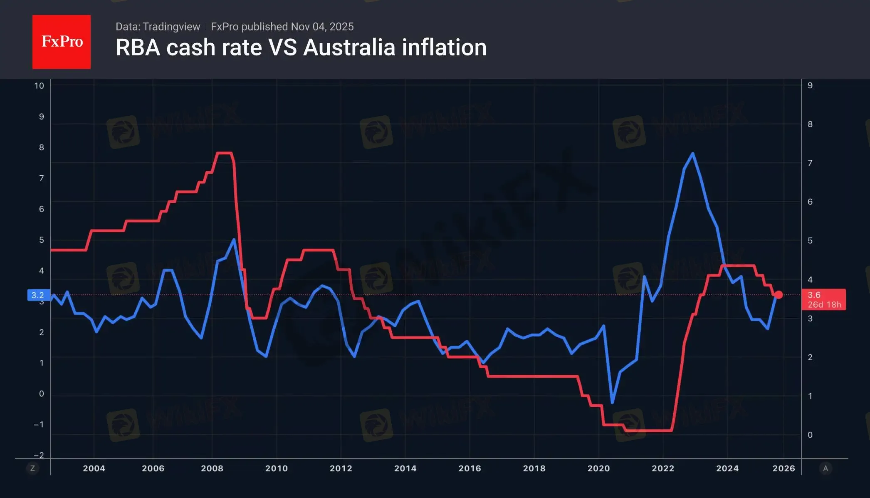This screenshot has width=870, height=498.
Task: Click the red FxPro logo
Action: click(x=62, y=42)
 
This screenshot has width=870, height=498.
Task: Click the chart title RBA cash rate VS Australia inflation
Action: click(x=301, y=47)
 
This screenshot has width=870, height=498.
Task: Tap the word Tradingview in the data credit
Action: click(x=171, y=27)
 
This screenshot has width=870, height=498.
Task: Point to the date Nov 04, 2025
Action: click(x=322, y=27)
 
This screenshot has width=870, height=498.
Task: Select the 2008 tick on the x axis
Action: click(x=212, y=468)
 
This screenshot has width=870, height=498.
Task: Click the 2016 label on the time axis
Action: click(x=470, y=468)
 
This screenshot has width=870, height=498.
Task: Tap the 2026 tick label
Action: click(x=783, y=468)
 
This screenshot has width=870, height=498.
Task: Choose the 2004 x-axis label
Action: click(x=94, y=468)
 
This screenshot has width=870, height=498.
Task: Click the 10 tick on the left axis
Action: click(x=39, y=86)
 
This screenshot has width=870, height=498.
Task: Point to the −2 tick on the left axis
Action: click(x=39, y=455)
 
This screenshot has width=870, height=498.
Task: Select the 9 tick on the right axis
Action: click(x=810, y=85)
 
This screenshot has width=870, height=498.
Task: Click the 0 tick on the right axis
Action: click(x=810, y=435)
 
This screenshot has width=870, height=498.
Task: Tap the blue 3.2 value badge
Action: click(x=38, y=295)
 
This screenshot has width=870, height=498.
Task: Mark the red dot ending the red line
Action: click(x=779, y=295)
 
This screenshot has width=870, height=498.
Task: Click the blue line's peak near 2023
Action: click(x=692, y=153)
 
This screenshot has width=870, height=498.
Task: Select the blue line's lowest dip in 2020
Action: click(x=612, y=402)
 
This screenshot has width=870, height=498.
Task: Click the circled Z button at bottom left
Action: click(x=32, y=468)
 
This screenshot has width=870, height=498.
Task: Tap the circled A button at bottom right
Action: click(x=826, y=468)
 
